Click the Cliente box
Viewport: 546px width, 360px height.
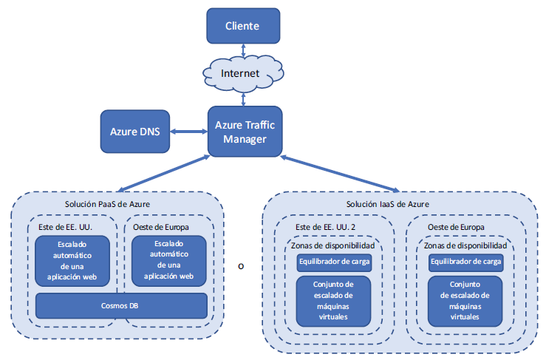click(x=243, y=26)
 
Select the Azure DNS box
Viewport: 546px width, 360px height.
click(x=134, y=132)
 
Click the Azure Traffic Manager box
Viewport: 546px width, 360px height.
click(x=245, y=131)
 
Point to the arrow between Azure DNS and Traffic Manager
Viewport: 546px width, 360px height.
click(x=188, y=132)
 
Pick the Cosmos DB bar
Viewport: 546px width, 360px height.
click(x=121, y=305)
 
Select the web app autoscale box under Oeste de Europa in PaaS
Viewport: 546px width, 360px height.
click(x=168, y=261)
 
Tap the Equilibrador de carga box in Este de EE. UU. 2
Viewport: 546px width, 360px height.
click(x=334, y=262)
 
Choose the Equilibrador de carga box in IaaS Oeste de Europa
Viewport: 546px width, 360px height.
click(x=465, y=262)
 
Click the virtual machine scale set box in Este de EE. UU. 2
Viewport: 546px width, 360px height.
click(x=334, y=300)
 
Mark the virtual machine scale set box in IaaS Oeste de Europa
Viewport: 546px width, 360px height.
click(x=465, y=300)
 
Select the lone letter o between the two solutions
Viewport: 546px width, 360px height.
click(x=241, y=266)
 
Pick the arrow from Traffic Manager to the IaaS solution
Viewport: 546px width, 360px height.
click(x=339, y=172)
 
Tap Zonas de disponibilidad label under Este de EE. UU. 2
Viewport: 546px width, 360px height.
click(x=334, y=245)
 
